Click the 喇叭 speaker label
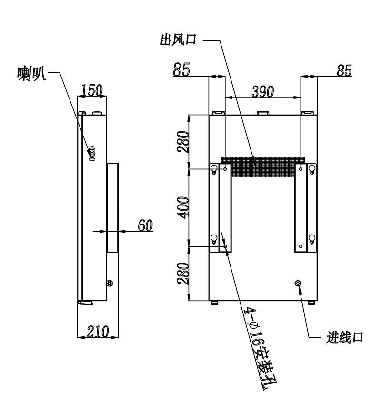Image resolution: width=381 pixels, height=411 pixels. [31, 74]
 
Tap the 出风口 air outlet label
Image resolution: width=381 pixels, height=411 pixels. [179, 40]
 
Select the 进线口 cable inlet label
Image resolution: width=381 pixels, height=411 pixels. [345, 337]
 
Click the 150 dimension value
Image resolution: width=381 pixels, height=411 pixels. [92, 90]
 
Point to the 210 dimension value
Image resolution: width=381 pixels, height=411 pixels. [98, 332]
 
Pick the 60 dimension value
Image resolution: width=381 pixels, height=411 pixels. [145, 225]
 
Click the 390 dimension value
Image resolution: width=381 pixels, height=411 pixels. [263, 91]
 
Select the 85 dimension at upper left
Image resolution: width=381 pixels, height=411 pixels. [181, 70]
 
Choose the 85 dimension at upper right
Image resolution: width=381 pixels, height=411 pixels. [344, 70]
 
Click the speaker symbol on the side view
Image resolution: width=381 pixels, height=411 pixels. [92, 153]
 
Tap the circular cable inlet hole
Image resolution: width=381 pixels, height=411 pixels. [298, 284]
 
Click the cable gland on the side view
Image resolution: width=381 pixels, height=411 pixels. [110, 284]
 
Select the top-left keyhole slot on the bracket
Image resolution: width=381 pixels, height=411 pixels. [214, 169]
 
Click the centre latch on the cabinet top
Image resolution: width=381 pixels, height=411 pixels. [263, 113]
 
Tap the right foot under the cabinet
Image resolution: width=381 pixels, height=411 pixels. [311, 303]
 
